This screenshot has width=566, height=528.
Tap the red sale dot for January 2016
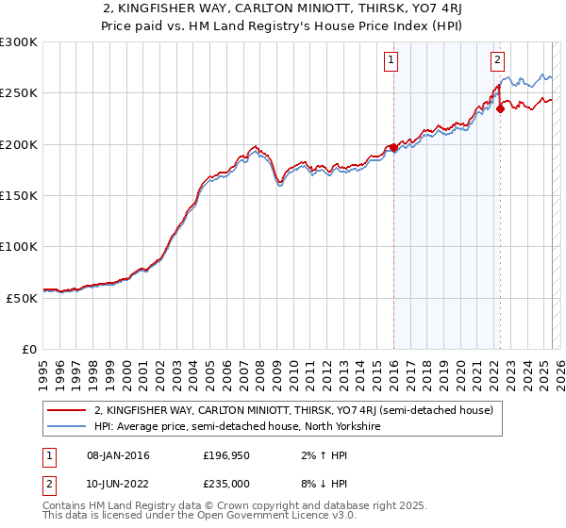pos(393,147)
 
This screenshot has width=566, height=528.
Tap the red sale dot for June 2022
pos(500,108)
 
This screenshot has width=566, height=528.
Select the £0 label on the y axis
pos(28,349)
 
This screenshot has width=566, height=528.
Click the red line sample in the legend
pos(65,411)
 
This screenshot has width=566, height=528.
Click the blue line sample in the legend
pos(65,426)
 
